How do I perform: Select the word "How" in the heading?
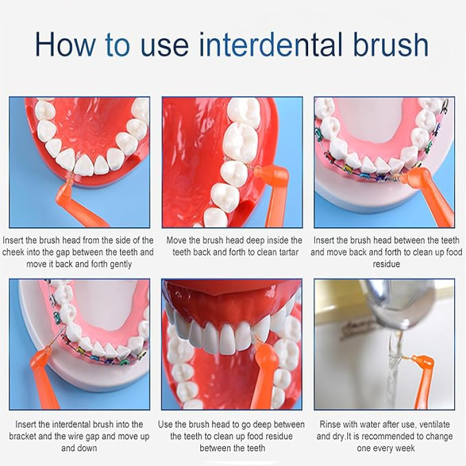(x=65, y=44)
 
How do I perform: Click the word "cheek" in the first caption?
(x=13, y=252)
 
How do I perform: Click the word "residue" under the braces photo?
(x=386, y=264)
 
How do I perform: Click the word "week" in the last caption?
(x=404, y=448)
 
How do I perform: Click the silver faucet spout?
(x=389, y=306)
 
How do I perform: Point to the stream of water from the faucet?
(x=394, y=372)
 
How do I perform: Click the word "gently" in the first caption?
(x=121, y=264)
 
